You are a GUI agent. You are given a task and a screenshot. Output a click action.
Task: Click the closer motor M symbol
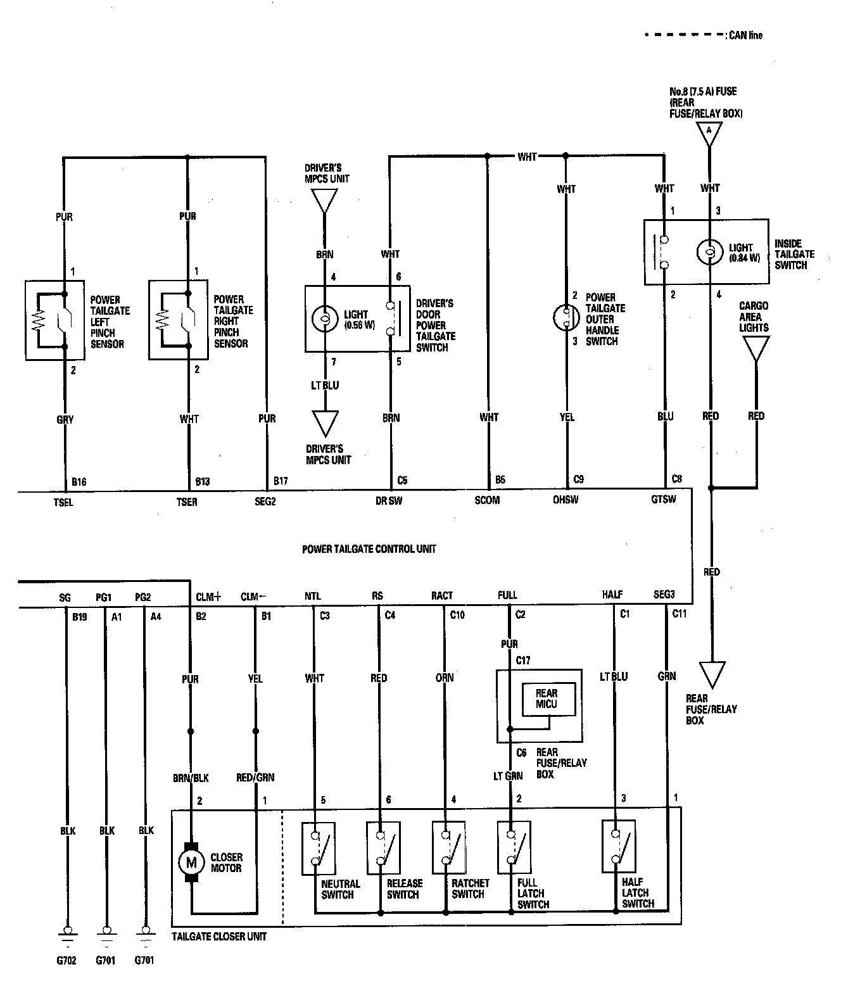(191, 863)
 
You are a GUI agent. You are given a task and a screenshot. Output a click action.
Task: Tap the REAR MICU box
(548, 699)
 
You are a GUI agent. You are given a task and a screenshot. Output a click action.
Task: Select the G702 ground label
(66, 960)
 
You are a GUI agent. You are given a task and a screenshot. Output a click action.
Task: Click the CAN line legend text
(745, 35)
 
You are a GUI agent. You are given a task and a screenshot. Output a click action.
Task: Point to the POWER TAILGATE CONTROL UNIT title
(369, 549)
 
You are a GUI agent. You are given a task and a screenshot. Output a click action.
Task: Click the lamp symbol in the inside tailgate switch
(709, 251)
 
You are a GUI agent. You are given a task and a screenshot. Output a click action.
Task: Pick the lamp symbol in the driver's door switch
(325, 319)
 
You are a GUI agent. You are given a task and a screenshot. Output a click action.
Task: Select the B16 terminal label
(79, 482)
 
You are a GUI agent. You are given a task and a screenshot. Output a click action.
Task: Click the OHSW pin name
(566, 500)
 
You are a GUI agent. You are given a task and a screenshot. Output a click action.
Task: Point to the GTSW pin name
(663, 499)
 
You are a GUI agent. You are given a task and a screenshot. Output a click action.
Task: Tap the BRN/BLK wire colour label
(191, 778)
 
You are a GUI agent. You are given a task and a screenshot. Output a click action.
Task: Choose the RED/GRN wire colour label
(255, 777)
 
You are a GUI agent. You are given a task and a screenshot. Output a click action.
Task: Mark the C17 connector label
(522, 661)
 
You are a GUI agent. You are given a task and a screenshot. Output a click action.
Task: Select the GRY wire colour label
(65, 419)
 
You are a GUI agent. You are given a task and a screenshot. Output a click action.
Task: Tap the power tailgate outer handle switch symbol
(566, 317)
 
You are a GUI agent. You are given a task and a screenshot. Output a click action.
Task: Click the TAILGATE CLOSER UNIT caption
(219, 936)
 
